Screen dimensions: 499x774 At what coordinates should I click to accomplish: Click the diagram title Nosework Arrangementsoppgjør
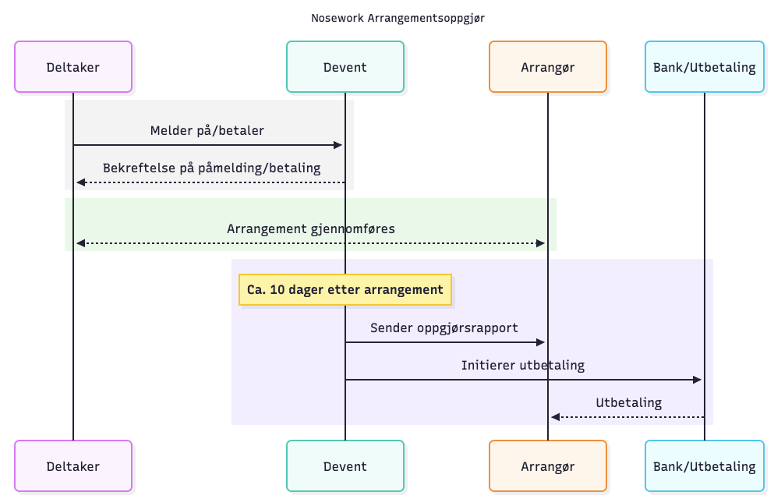pos(387,17)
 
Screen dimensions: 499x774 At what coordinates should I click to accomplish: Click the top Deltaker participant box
pos(73,67)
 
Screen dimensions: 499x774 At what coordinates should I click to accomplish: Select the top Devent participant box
pos(345,67)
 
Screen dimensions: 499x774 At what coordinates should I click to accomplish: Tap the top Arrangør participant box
pos(548,67)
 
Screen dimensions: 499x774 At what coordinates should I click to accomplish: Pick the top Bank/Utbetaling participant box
pos(705,67)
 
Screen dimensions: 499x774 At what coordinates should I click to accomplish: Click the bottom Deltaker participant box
pos(73,466)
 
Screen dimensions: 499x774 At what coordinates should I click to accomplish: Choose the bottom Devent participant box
pos(345,466)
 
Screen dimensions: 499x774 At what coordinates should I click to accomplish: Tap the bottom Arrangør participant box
pos(548,466)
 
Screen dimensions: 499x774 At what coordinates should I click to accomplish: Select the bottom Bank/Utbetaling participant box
pos(705,466)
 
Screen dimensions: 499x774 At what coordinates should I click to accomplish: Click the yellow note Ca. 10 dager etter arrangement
pos(345,290)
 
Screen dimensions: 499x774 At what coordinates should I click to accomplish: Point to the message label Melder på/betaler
pos(207,130)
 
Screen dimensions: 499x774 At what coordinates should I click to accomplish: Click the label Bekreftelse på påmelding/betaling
pos(211,168)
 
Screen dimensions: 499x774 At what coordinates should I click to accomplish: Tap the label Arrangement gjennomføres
pos(311,228)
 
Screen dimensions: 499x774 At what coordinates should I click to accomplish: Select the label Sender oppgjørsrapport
pos(444,327)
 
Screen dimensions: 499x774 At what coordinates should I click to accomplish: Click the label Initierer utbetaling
pos(523,365)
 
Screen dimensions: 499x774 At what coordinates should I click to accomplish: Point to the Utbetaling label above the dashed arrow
pos(629,403)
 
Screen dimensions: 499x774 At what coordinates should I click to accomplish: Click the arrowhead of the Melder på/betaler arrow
pos(338,145)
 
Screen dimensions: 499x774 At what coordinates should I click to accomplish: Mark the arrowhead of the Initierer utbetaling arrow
pos(698,380)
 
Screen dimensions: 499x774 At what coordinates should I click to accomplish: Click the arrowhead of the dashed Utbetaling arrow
pos(555,417)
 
